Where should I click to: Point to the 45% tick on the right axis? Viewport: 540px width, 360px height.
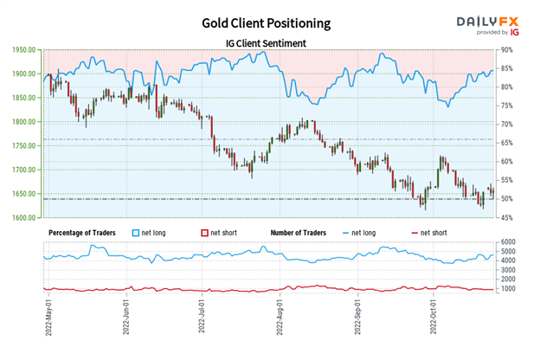pos(509,218)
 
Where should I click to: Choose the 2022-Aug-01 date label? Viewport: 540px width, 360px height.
pos(280,320)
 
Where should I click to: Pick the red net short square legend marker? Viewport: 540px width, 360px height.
pos(205,233)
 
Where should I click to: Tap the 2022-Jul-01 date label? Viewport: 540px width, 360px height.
pos(201,320)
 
